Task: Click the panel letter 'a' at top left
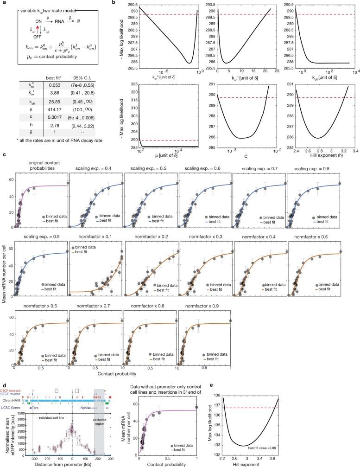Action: coord(3,3)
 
